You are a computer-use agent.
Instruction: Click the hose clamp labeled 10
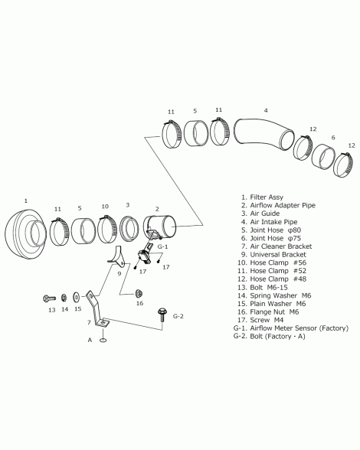click(x=107, y=230)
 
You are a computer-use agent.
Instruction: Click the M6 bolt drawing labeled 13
click(x=50, y=298)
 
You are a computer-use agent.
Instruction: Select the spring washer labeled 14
click(x=64, y=298)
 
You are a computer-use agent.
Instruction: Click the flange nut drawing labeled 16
click(x=139, y=293)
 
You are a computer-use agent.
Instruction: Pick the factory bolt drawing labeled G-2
click(x=162, y=315)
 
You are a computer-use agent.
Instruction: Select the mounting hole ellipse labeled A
click(x=103, y=340)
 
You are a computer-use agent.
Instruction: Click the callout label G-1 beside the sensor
click(x=162, y=246)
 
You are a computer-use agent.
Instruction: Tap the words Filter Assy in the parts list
click(x=267, y=197)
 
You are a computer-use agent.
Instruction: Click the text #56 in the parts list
click(x=299, y=262)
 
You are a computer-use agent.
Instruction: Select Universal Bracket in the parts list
click(x=278, y=255)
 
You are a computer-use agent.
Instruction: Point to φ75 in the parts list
click(x=294, y=238)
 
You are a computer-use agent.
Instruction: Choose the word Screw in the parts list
click(x=260, y=320)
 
